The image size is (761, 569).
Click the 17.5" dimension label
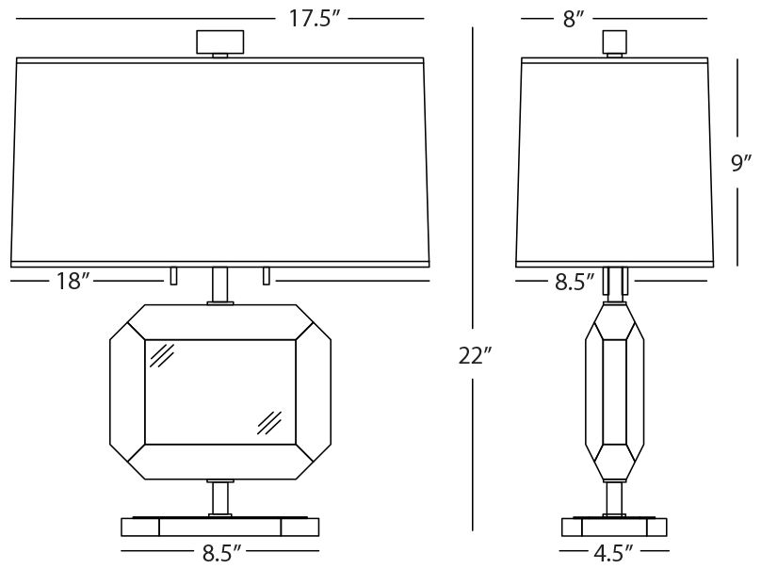click(313, 19)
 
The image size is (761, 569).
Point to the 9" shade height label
click(741, 163)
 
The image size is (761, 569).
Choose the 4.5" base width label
click(613, 552)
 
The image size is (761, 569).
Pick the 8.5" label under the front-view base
click(221, 552)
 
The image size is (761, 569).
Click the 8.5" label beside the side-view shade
click(575, 282)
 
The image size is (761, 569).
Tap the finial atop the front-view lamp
click(219, 42)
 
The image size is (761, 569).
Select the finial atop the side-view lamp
click(614, 42)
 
